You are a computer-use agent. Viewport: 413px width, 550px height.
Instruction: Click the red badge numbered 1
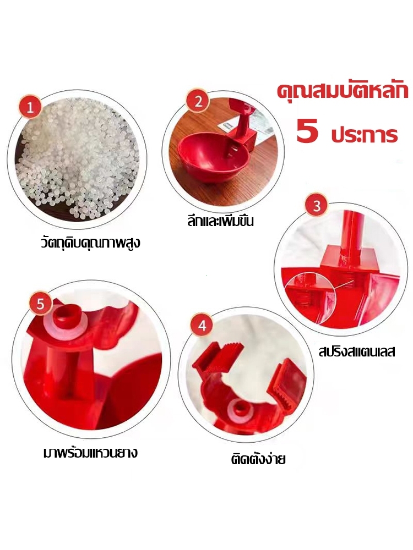pyautogui.click(x=30, y=107)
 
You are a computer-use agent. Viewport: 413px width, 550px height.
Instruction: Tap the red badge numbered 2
pyautogui.click(x=198, y=102)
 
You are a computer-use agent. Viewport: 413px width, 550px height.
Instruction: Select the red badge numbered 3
pyautogui.click(x=317, y=205)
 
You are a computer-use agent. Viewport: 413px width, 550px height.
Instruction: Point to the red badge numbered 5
pyautogui.click(x=40, y=304)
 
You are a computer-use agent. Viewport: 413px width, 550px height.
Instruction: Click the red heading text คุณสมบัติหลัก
pyautogui.click(x=343, y=91)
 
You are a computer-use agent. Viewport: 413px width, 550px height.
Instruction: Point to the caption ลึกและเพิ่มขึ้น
pyautogui.click(x=220, y=221)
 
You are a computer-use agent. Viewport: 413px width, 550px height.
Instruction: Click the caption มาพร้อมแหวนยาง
pyautogui.click(x=90, y=453)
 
